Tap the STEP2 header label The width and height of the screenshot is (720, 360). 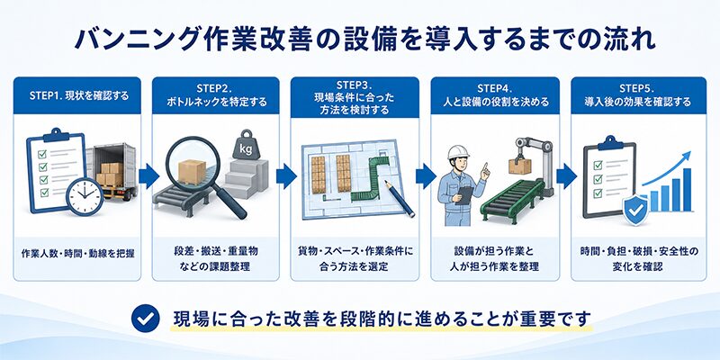[216, 95]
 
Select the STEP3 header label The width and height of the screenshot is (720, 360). [355, 98]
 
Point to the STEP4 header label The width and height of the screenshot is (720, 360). [495, 95]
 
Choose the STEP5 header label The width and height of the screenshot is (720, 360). [637, 95]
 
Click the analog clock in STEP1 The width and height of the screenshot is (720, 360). [85, 196]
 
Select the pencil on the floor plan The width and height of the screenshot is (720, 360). [400, 199]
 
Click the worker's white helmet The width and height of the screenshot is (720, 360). [458, 152]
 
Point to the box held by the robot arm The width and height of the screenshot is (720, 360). [519, 166]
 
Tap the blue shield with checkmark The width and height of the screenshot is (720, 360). [635, 210]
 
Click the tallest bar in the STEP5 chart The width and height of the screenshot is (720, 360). [687, 190]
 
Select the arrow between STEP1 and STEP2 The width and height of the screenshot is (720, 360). [149, 175]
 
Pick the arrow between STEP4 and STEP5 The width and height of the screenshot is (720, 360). [567, 175]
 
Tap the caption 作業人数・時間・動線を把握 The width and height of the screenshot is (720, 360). [78, 253]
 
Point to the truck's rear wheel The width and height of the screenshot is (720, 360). [130, 193]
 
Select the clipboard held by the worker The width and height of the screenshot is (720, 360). [465, 194]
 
